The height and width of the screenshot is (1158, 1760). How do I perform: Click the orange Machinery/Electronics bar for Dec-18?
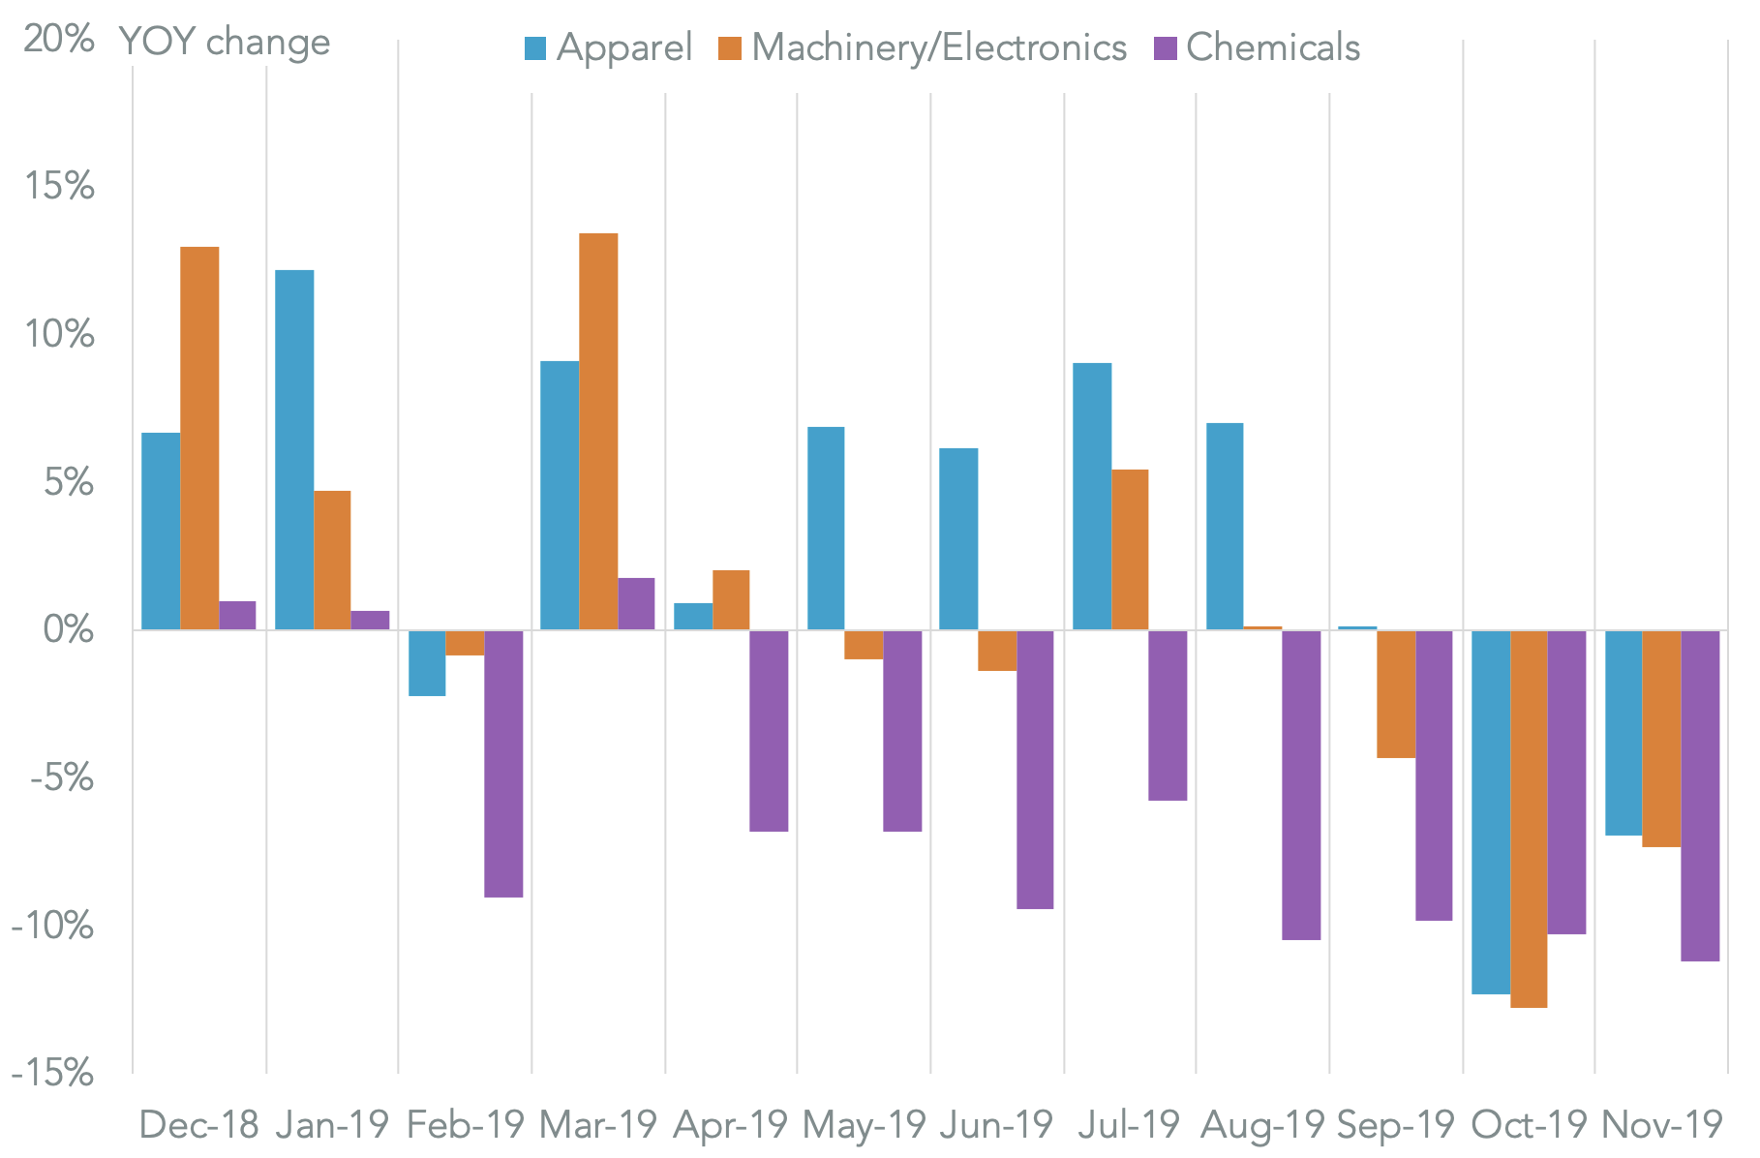click(199, 439)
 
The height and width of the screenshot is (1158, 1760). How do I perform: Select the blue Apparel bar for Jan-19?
click(294, 450)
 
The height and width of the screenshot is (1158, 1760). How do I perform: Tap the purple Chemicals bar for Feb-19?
click(503, 764)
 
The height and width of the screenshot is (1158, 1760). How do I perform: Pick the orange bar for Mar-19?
click(598, 432)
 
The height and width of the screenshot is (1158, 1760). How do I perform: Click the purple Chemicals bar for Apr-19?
click(769, 731)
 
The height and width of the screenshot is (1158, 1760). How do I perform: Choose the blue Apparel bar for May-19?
click(826, 529)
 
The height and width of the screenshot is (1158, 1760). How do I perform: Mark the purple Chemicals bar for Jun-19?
click(1035, 770)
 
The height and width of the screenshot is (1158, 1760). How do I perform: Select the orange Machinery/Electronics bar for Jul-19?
click(1130, 550)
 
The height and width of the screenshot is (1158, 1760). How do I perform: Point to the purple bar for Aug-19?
click(1301, 785)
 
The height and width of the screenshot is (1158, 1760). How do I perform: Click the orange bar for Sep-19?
click(1396, 694)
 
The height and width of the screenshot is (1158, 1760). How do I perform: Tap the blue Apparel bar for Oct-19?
click(1491, 812)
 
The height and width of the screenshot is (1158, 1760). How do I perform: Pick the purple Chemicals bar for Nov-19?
click(1700, 796)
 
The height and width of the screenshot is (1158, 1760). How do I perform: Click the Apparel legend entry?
click(608, 47)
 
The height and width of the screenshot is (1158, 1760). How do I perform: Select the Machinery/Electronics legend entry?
click(922, 47)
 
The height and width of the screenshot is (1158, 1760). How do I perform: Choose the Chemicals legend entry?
click(1258, 47)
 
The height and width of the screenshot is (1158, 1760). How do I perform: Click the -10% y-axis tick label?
click(52, 927)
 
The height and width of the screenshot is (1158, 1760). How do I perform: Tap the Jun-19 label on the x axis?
click(996, 1125)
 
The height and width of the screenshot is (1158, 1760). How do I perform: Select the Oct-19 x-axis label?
click(1529, 1125)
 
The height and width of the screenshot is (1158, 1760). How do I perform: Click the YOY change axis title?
click(225, 43)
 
